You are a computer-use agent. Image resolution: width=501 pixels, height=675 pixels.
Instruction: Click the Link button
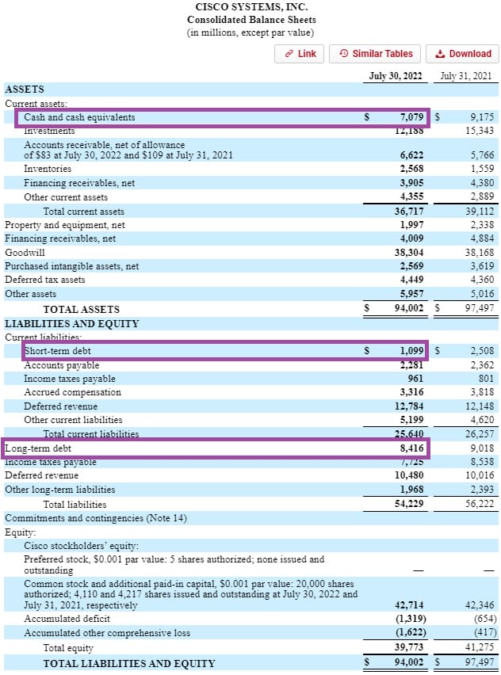[x=300, y=54]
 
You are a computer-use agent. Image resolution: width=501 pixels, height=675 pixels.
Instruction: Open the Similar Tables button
[x=376, y=54]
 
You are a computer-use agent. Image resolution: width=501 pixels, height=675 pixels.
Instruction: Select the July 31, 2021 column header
[x=466, y=76]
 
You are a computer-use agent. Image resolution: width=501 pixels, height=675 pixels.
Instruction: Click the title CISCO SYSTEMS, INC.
[x=250, y=6]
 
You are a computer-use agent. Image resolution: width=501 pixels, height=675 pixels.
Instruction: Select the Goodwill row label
[x=24, y=252]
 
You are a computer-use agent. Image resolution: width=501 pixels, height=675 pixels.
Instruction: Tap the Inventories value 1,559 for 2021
[x=479, y=169]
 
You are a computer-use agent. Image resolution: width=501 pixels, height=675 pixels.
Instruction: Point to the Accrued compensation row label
[x=72, y=392]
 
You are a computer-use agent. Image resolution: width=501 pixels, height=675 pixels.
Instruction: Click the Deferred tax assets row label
[x=45, y=280]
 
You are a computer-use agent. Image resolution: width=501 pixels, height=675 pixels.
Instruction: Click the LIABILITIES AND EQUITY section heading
[x=71, y=324]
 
